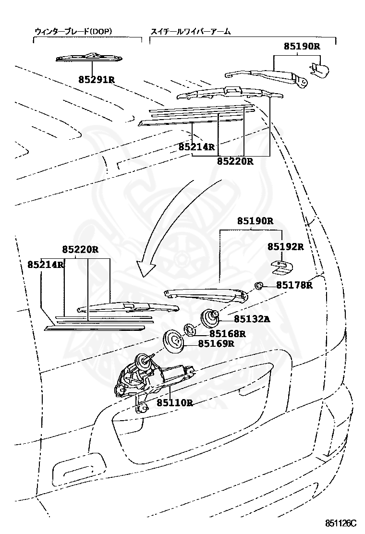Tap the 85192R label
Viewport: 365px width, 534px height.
(x=285, y=247)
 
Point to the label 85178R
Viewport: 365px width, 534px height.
(x=294, y=285)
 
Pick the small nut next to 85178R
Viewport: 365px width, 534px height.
(x=259, y=286)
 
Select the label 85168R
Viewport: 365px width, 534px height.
(x=227, y=333)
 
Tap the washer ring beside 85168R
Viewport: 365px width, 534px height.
(x=190, y=330)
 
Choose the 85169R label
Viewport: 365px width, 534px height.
(x=216, y=343)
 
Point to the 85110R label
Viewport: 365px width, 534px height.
(x=175, y=402)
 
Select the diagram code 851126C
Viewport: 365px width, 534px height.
(x=341, y=522)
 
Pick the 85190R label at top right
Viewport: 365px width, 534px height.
(x=302, y=46)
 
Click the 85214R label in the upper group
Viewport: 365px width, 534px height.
(x=196, y=147)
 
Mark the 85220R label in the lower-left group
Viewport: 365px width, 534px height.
(x=80, y=250)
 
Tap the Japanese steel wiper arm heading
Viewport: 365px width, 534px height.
(x=191, y=31)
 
